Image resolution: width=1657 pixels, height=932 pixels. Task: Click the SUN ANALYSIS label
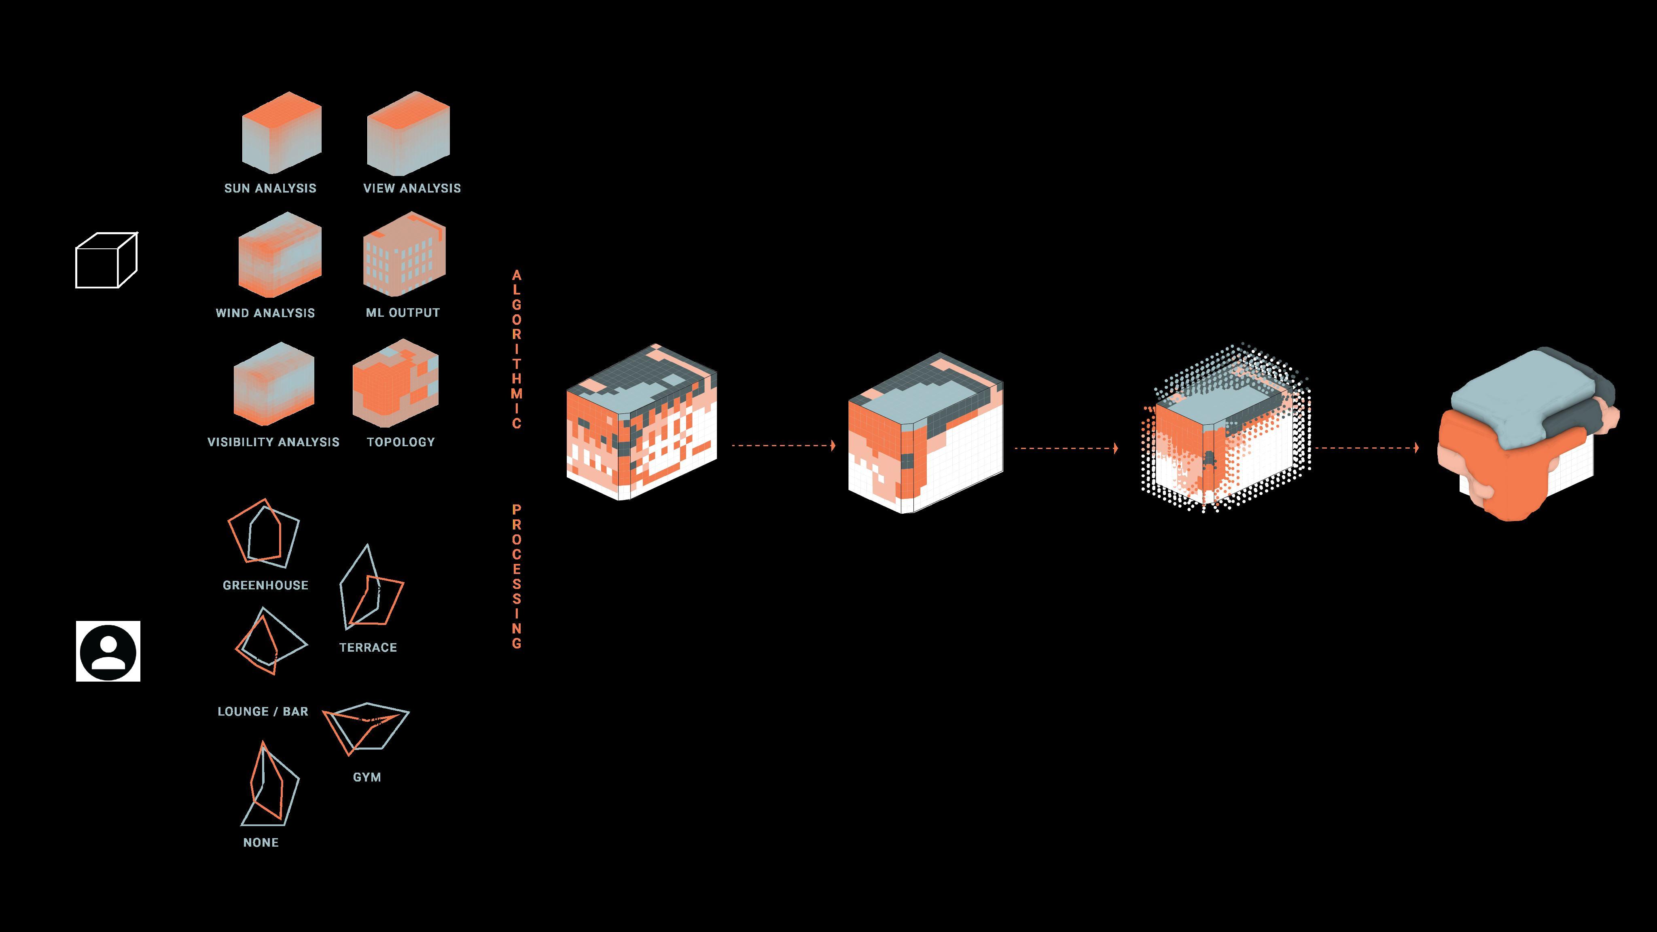tap(270, 189)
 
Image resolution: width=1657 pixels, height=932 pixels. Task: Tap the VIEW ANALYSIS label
tap(412, 189)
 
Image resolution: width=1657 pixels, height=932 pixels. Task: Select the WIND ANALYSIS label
tap(265, 313)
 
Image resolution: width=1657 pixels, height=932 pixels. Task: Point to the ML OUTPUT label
tap(403, 313)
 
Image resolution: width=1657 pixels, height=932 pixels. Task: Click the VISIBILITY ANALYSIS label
tap(273, 442)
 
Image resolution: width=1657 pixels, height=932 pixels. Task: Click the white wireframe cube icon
tap(106, 261)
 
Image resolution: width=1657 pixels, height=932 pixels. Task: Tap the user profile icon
tap(108, 651)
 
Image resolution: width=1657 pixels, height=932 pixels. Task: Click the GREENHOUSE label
tap(265, 585)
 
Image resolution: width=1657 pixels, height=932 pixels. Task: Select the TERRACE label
tap(368, 648)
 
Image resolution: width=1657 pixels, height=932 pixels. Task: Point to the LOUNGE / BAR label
tap(263, 712)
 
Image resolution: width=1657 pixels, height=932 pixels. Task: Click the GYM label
tap(367, 777)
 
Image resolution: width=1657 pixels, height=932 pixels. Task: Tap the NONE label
tap(261, 843)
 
